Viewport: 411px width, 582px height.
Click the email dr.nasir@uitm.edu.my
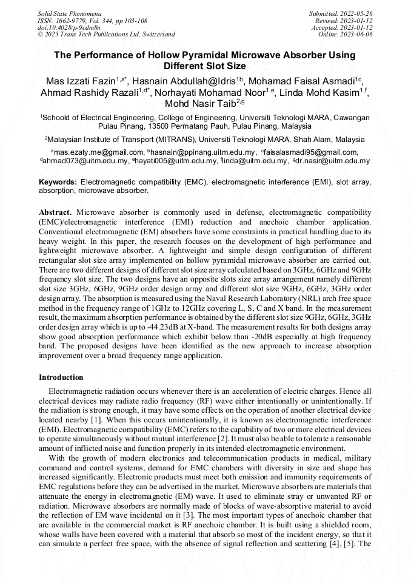[x=333, y=161]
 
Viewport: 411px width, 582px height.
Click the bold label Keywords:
[x=58, y=181]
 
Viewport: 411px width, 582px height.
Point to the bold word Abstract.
[x=55, y=212]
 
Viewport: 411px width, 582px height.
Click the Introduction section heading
[x=61, y=377]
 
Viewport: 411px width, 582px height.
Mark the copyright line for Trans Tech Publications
[x=106, y=35]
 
